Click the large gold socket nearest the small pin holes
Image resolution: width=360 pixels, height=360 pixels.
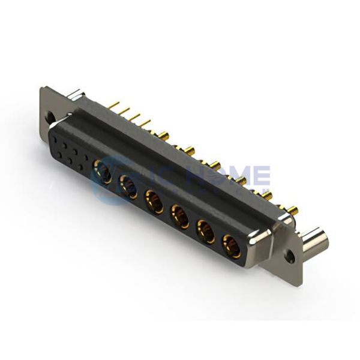[104, 174]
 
